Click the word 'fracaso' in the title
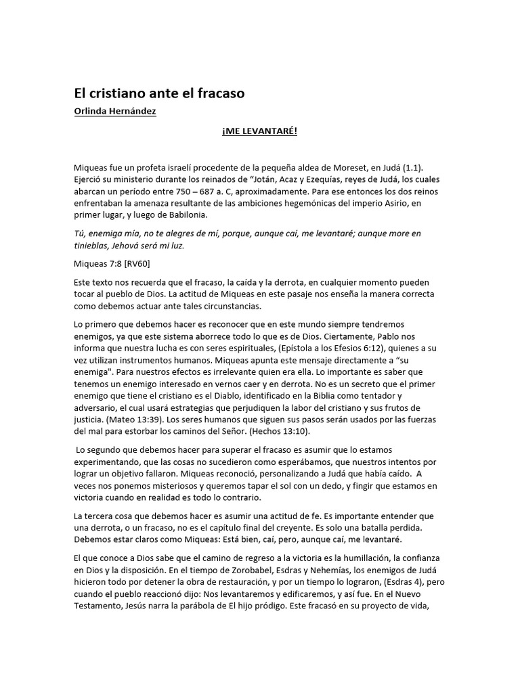coord(218,93)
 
